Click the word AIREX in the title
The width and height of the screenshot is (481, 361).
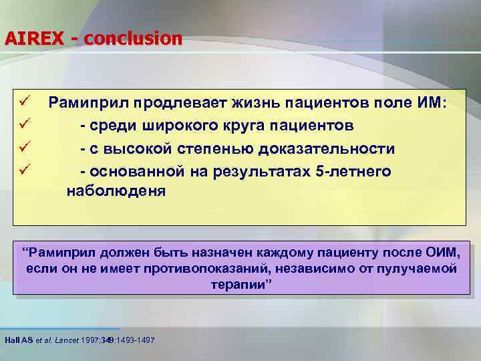(33, 39)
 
